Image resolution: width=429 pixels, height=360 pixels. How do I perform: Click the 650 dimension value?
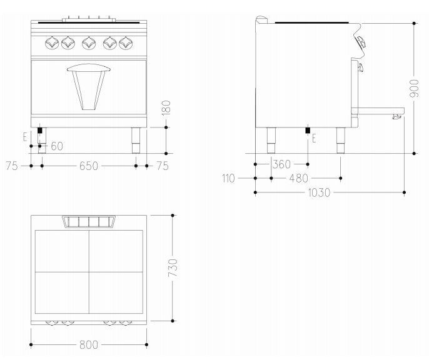pyautogui.click(x=89, y=166)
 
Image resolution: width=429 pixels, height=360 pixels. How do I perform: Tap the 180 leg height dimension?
pyautogui.click(x=166, y=107)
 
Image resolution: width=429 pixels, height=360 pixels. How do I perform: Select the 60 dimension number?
pyautogui.click(x=57, y=146)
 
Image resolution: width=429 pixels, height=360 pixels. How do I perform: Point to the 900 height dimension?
pyautogui.click(x=414, y=88)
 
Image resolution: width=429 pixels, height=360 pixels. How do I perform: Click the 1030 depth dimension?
pyautogui.click(x=319, y=192)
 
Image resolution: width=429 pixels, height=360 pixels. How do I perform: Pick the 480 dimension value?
pyautogui.click(x=298, y=178)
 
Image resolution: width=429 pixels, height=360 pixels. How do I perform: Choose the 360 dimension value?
pyautogui.click(x=281, y=164)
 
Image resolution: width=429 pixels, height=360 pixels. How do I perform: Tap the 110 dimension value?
pyautogui.click(x=228, y=178)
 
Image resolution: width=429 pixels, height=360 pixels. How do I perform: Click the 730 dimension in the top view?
pyautogui.click(x=173, y=267)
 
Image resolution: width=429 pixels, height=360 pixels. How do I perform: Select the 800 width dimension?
pyautogui.click(x=89, y=345)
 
